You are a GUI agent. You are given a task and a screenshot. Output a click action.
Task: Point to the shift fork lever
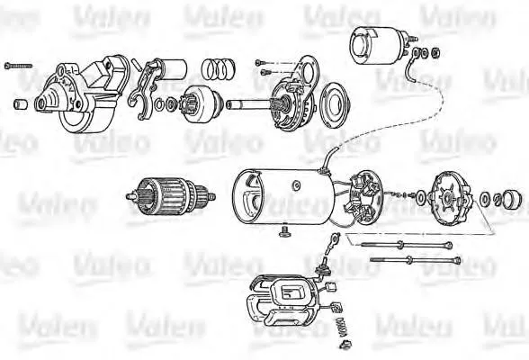point(141,90)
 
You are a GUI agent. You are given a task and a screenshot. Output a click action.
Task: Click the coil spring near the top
point(218,68)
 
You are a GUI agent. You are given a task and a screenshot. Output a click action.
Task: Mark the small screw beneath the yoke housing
point(284,234)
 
